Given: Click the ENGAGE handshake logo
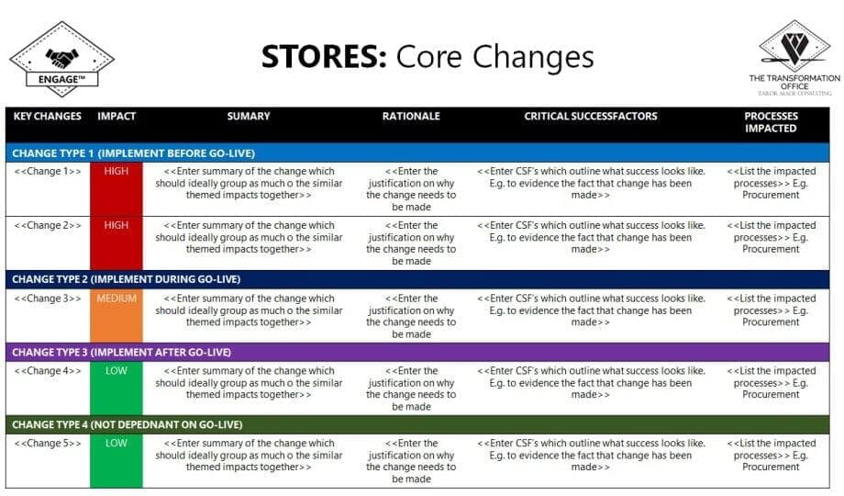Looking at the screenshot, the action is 61,59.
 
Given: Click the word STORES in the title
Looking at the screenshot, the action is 324,57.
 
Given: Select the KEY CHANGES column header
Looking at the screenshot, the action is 48,116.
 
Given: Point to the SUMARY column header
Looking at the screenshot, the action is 248,116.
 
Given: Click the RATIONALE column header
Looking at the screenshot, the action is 411,116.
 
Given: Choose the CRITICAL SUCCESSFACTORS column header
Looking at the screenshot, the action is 591,116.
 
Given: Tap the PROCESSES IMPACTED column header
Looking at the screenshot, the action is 771,122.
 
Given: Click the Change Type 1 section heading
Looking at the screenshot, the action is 134,153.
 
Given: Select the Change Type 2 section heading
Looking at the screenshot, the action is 126,279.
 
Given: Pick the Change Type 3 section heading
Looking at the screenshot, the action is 122,352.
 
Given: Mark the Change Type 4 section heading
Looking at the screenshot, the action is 127,425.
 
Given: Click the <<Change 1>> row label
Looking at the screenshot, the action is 48,172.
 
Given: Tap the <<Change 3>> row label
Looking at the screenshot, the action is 48,299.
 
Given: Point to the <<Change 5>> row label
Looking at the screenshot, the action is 48,443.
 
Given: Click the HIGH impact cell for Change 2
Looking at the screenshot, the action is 117,243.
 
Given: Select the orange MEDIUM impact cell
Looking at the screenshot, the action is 117,316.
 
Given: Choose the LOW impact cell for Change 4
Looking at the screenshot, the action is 117,389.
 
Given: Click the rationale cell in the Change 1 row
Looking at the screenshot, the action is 411,189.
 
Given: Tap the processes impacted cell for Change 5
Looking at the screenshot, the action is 771,455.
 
